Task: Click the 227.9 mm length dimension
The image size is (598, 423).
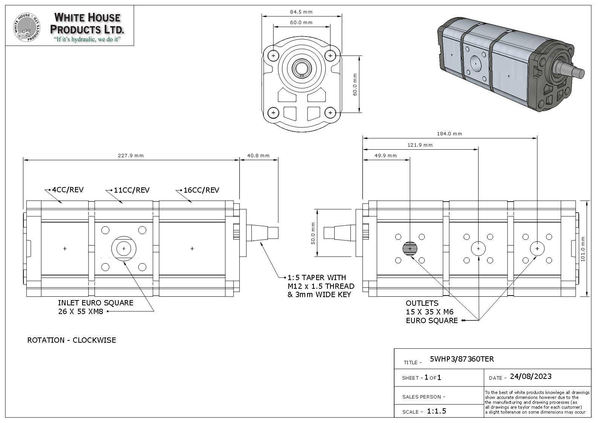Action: [131, 155]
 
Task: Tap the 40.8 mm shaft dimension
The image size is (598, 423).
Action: [258, 155]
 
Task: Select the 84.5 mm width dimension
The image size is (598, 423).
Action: [301, 12]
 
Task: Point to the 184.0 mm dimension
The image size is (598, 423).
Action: [449, 133]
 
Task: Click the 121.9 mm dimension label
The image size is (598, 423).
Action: [420, 145]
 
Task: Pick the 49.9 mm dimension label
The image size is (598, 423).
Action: [385, 155]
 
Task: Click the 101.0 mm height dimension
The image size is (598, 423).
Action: [583, 249]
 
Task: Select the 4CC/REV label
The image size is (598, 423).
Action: [68, 190]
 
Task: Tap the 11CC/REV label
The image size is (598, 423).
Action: [132, 190]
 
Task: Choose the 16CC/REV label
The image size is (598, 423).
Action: [201, 190]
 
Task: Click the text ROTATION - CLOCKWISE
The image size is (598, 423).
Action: [72, 340]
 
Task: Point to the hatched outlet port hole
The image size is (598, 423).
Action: [410, 248]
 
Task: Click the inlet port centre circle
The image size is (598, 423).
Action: [124, 248]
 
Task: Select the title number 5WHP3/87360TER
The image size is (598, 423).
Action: [462, 359]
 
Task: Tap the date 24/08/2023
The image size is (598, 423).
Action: [531, 376]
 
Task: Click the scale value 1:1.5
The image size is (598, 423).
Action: [436, 411]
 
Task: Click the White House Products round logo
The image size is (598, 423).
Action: [27, 27]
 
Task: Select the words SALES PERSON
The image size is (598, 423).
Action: [421, 397]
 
